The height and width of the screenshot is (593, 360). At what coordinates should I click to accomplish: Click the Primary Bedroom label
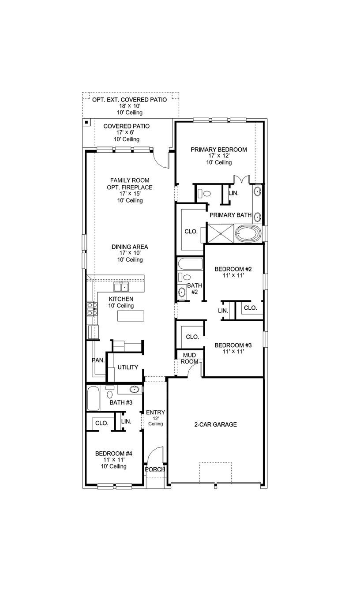pyautogui.click(x=219, y=150)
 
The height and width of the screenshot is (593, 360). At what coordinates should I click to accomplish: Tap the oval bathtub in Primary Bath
pyautogui.click(x=249, y=233)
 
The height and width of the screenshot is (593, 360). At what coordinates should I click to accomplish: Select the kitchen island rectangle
pyautogui.click(x=131, y=316)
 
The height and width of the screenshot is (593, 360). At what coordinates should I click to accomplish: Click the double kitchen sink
pyautogui.click(x=120, y=287)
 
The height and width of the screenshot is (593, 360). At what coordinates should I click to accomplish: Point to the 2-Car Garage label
pyautogui.click(x=216, y=424)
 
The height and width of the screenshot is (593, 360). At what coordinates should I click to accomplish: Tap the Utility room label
pyautogui.click(x=128, y=367)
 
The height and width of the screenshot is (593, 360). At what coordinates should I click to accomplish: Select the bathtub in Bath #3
pyautogui.click(x=94, y=398)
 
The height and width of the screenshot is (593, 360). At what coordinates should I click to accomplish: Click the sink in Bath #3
pyautogui.click(x=135, y=389)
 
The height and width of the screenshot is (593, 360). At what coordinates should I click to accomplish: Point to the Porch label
pyautogui.click(x=155, y=469)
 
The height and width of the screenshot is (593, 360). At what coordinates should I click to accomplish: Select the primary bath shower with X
pyautogui.click(x=220, y=233)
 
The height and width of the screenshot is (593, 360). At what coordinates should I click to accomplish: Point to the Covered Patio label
pyautogui.click(x=127, y=126)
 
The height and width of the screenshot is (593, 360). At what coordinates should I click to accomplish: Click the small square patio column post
pyautogui.click(x=87, y=122)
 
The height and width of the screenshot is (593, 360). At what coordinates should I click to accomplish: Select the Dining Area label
pyautogui.click(x=130, y=247)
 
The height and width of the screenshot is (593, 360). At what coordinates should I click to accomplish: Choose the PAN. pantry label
pyautogui.click(x=98, y=360)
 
